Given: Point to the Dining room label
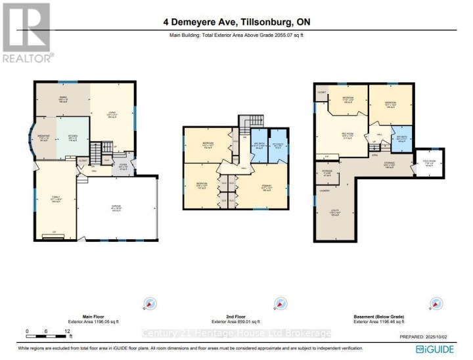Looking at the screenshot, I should tap(63, 100).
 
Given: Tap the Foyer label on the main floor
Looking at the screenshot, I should tap(124, 167).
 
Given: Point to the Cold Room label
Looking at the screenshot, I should tap(429, 164).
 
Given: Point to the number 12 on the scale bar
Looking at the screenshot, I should tap(68, 331).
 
